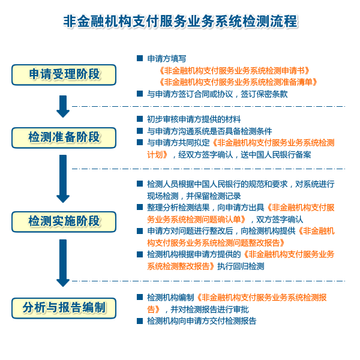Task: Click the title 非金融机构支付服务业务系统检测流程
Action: [180, 22]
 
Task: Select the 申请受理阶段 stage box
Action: [64, 74]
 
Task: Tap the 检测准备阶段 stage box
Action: [64, 137]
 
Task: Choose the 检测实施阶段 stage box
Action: [64, 221]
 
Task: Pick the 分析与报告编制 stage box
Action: [64, 308]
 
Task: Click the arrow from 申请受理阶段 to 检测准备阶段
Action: [63, 106]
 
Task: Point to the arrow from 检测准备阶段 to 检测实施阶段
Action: [63, 178]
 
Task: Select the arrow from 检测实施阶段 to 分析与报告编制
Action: [63, 263]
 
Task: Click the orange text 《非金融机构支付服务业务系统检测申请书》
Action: [233, 70]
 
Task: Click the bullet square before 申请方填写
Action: [140, 59]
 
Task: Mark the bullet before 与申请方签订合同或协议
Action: [140, 94]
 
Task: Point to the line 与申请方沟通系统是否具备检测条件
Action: [209, 131]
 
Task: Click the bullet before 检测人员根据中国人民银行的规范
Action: [140, 184]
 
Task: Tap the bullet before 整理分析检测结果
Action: [140, 207]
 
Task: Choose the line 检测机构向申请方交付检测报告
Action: [202, 321]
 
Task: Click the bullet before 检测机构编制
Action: [140, 297]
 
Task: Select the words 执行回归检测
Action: [240, 266]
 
